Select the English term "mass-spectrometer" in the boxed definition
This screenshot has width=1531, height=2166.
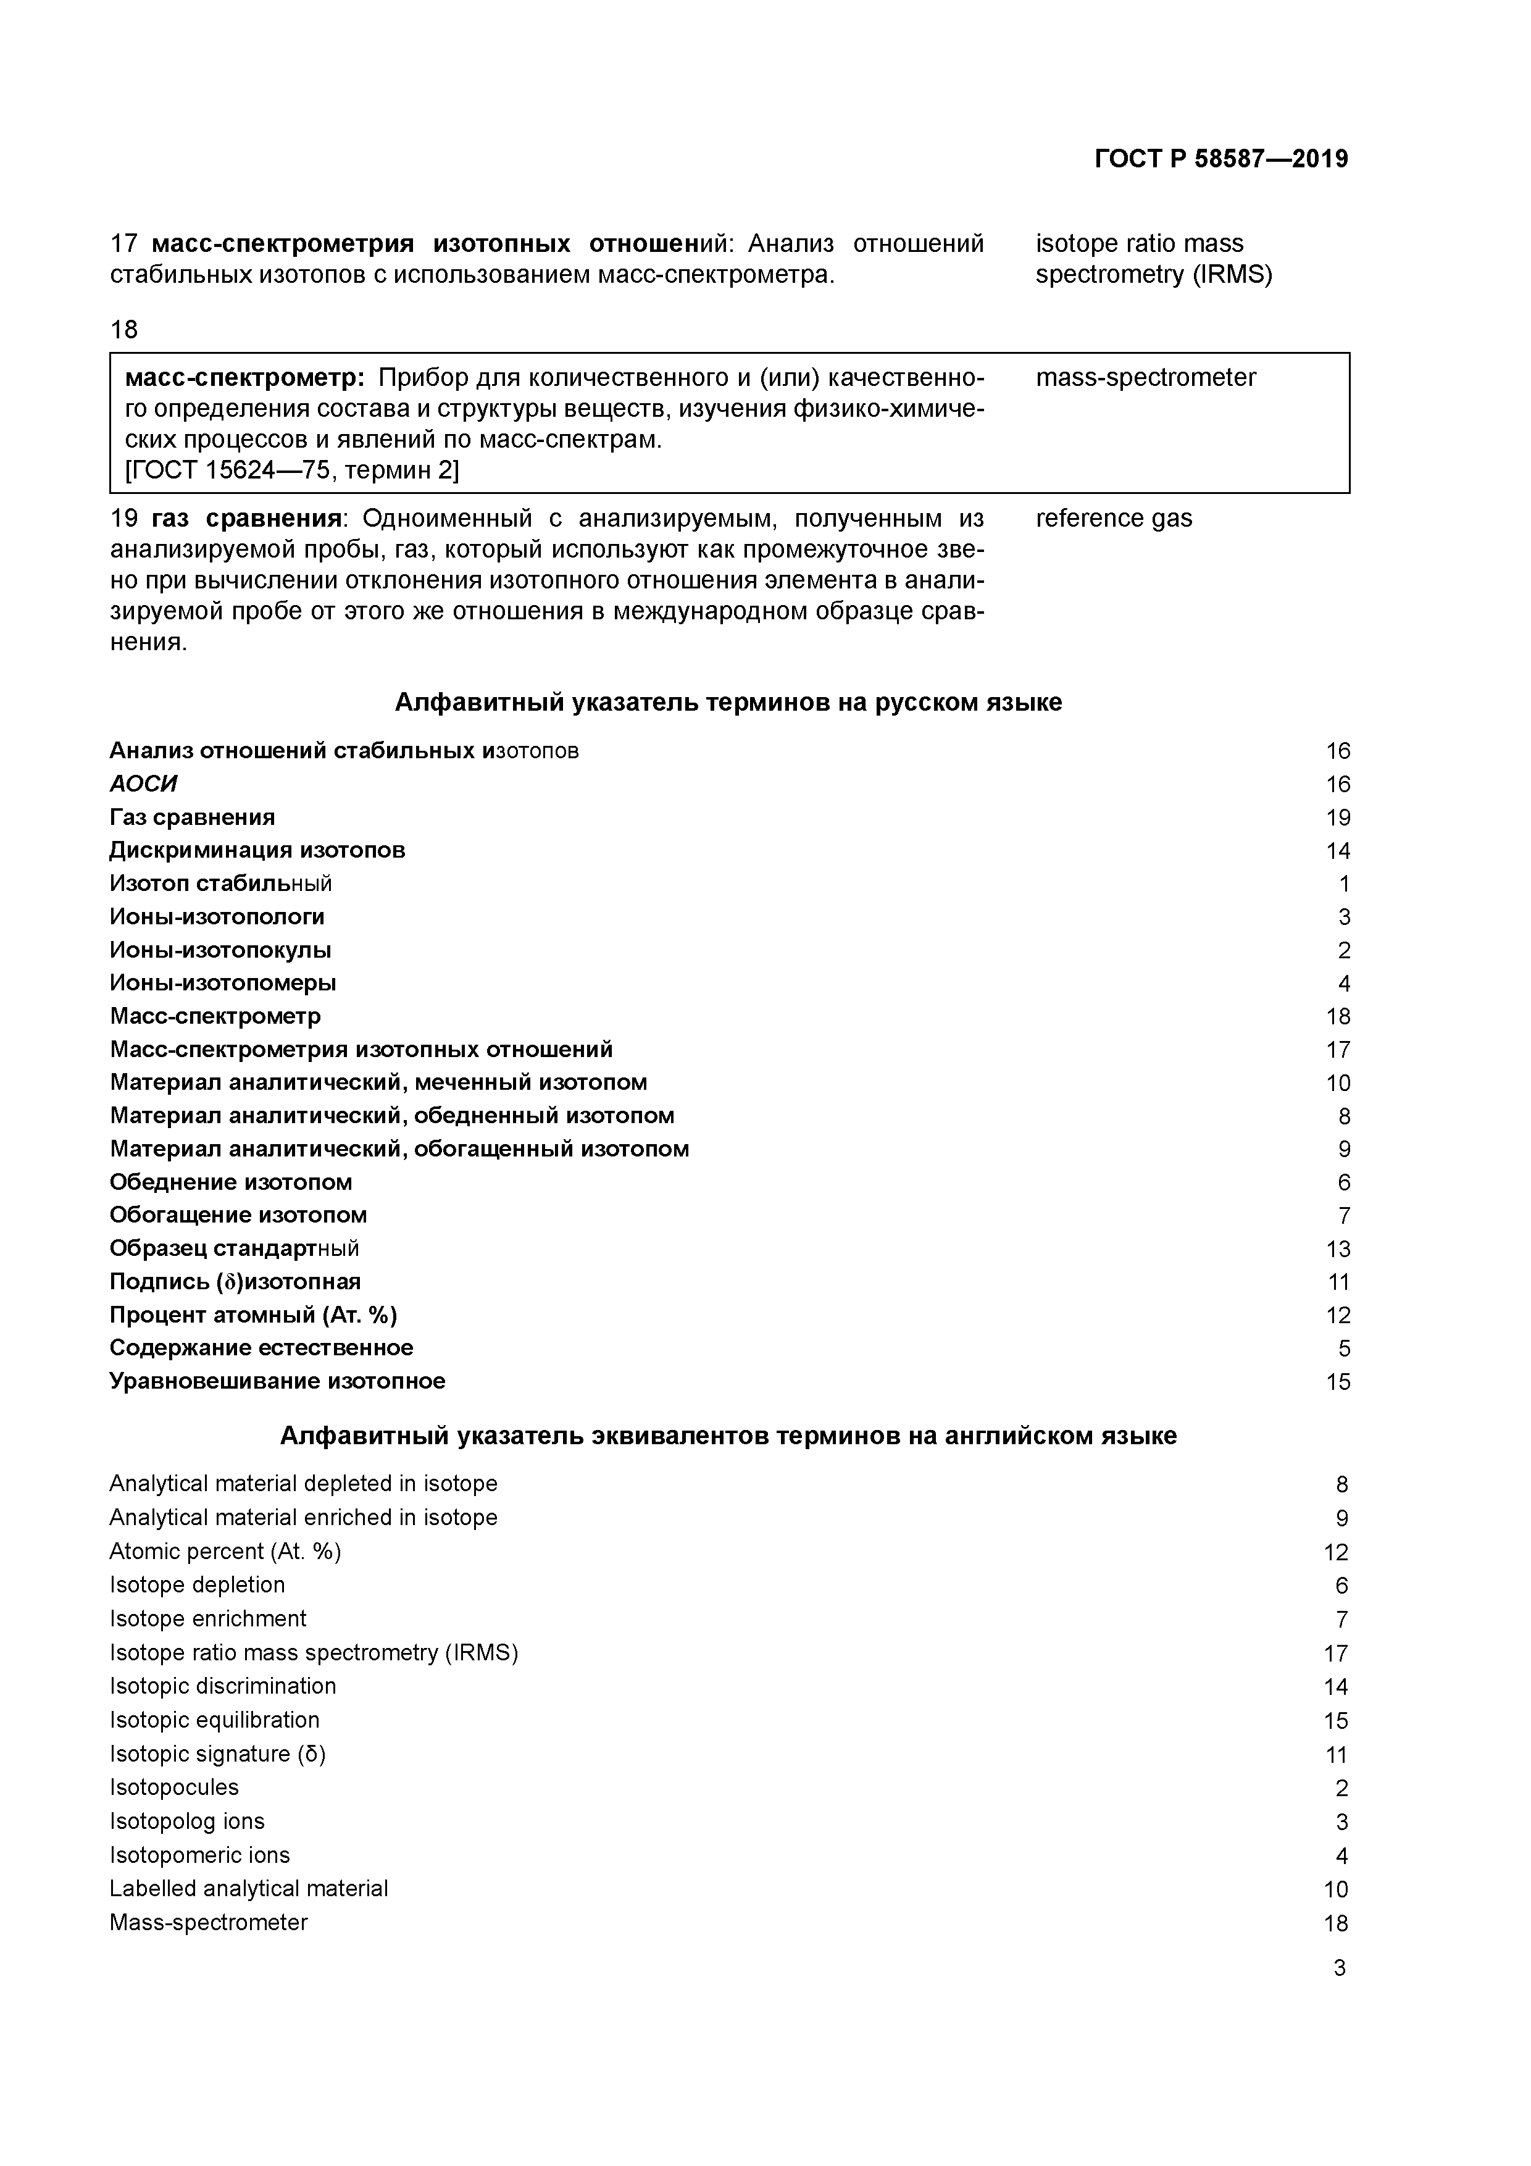pyautogui.click(x=1145, y=377)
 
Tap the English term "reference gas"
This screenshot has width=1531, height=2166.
pyautogui.click(x=1113, y=518)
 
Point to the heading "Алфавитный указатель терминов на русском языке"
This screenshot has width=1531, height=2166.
pyautogui.click(x=727, y=702)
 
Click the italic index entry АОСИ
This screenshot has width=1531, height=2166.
pyautogui.click(x=143, y=784)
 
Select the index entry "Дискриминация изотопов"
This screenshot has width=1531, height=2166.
pyautogui.click(x=257, y=850)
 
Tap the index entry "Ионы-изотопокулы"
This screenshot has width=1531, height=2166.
pyautogui.click(x=221, y=950)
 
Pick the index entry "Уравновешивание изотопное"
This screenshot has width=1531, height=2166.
pyautogui.click(x=277, y=1381)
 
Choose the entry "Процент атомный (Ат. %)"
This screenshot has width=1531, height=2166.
pyautogui.click(x=253, y=1315)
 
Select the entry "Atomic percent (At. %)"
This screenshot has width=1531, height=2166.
pyautogui.click(x=225, y=1551)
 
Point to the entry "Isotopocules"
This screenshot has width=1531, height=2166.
pyautogui.click(x=175, y=1787)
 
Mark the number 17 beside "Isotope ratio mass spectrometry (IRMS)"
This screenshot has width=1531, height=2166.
pyautogui.click(x=1336, y=1653)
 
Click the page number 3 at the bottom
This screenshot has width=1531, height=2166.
pyautogui.click(x=1338, y=1968)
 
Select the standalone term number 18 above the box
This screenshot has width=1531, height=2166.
pyautogui.click(x=123, y=329)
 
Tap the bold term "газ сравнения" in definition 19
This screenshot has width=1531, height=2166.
pyautogui.click(x=245, y=518)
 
